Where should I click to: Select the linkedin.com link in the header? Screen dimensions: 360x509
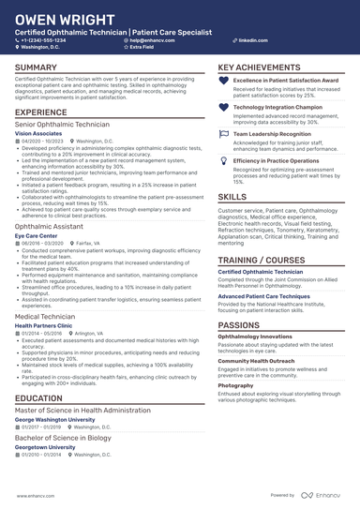coord(247,41)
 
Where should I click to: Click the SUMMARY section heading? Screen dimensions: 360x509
coord(36,68)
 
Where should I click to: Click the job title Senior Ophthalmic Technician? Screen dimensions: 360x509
coord(62,124)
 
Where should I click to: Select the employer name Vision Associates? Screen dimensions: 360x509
coord(38,133)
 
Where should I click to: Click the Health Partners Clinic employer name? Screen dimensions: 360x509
coord(43,325)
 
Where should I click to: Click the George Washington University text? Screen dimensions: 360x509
coord(54,420)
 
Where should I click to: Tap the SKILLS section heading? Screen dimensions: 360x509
coord(232,198)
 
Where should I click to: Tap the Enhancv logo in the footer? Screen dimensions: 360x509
coord(321,494)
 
